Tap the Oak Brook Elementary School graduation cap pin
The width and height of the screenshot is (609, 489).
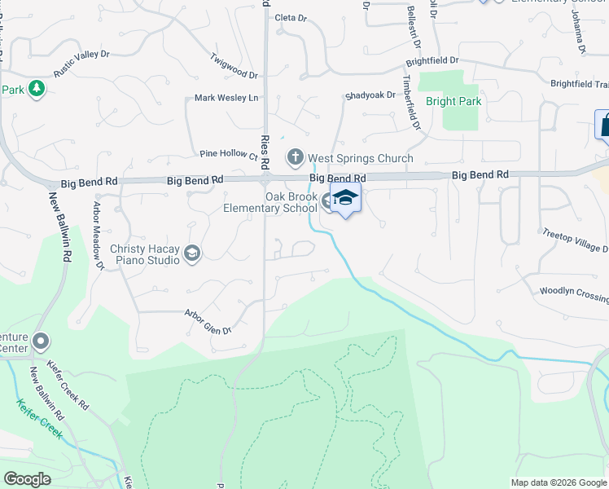pos(345,199)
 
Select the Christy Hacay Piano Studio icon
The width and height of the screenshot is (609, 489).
pos(191,253)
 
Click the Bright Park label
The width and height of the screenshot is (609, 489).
pos(453,102)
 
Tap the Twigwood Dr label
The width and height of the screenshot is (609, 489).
pos(234,66)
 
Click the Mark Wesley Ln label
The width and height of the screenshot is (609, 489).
pos(226,98)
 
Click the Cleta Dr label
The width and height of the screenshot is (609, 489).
pos(291,17)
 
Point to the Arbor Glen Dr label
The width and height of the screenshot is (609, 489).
pos(208,321)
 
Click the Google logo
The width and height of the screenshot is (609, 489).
pos(27,479)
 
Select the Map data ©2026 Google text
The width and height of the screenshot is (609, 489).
pos(558,482)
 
